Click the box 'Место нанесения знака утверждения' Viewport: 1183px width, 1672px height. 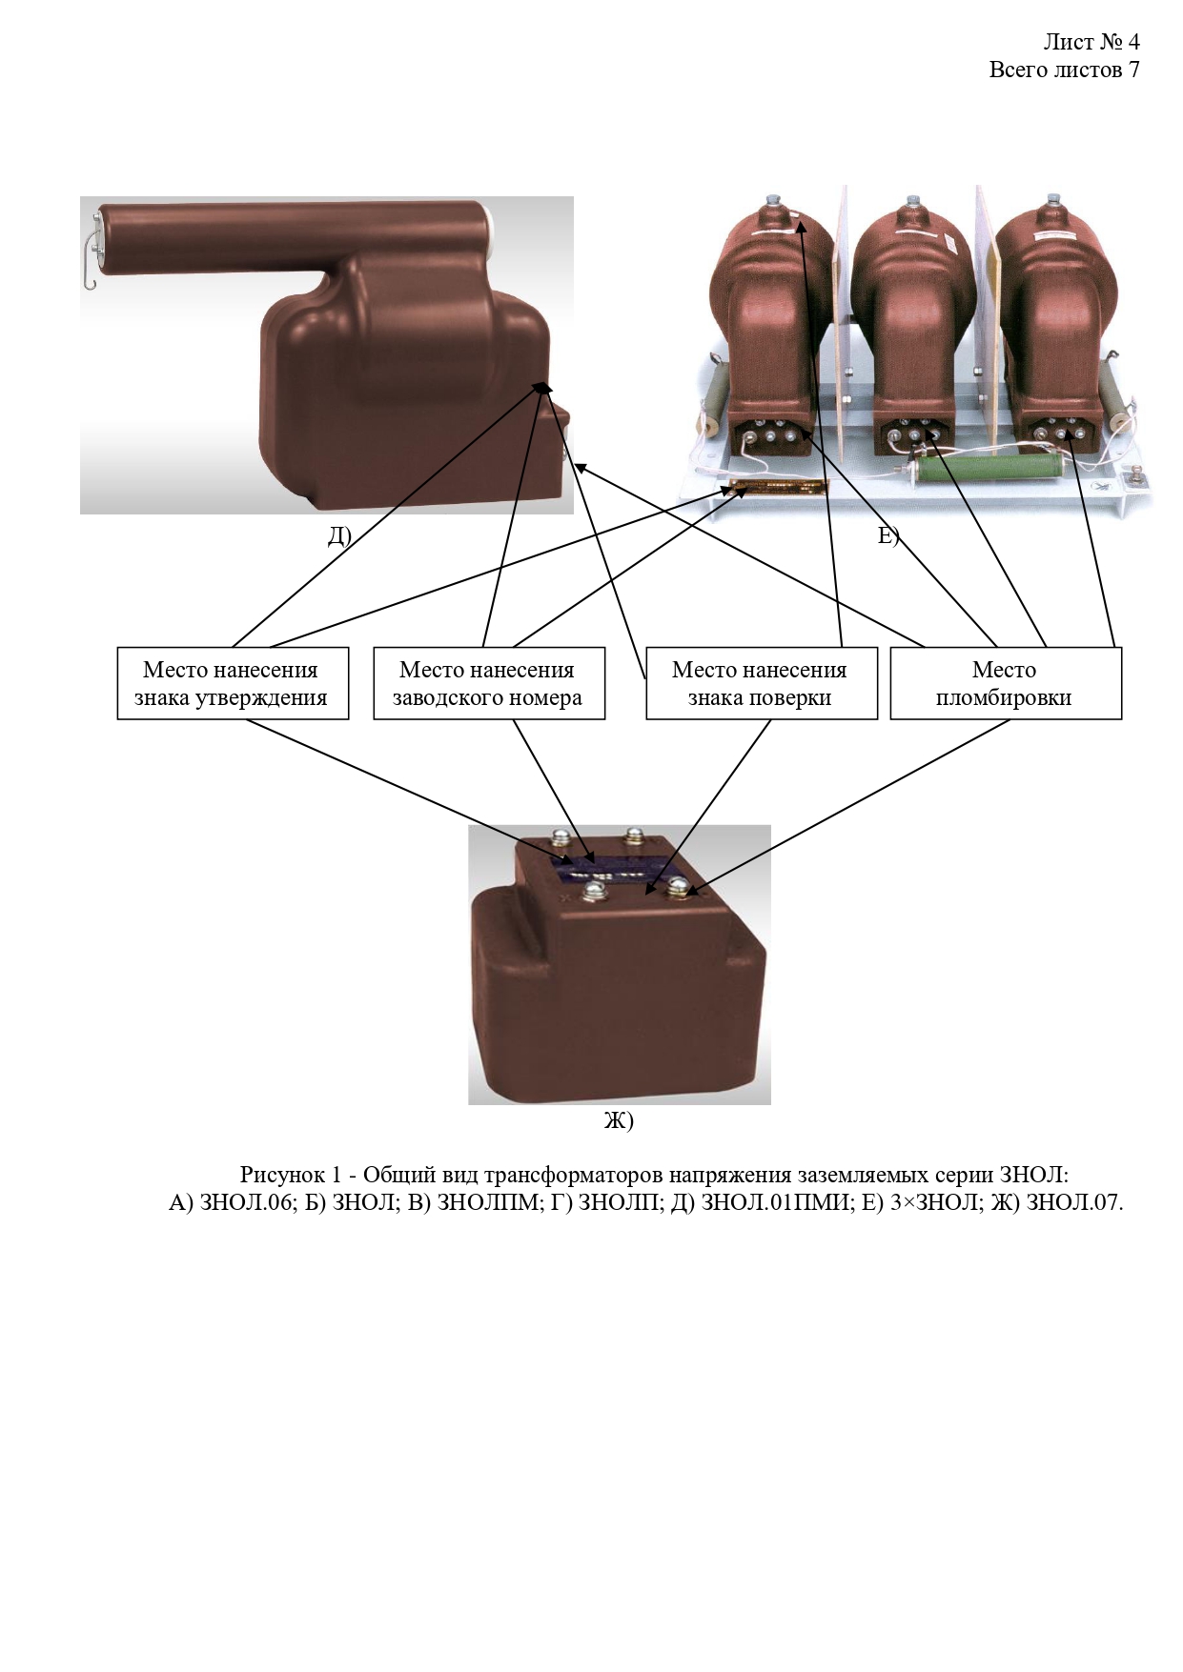tap(233, 683)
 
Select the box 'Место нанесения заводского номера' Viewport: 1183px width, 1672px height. tap(488, 683)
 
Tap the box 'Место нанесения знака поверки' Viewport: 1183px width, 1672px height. tap(761, 683)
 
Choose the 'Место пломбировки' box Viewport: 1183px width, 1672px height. tap(1005, 683)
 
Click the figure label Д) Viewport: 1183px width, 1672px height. tap(339, 536)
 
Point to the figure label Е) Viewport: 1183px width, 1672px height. tap(887, 536)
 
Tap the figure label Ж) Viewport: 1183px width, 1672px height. tap(619, 1120)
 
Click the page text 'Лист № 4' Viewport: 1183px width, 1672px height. tap(1091, 42)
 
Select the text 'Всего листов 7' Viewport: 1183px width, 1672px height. tap(1064, 70)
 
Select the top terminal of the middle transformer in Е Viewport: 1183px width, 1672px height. tap(913, 202)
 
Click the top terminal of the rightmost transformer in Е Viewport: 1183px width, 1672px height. tap(1053, 200)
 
